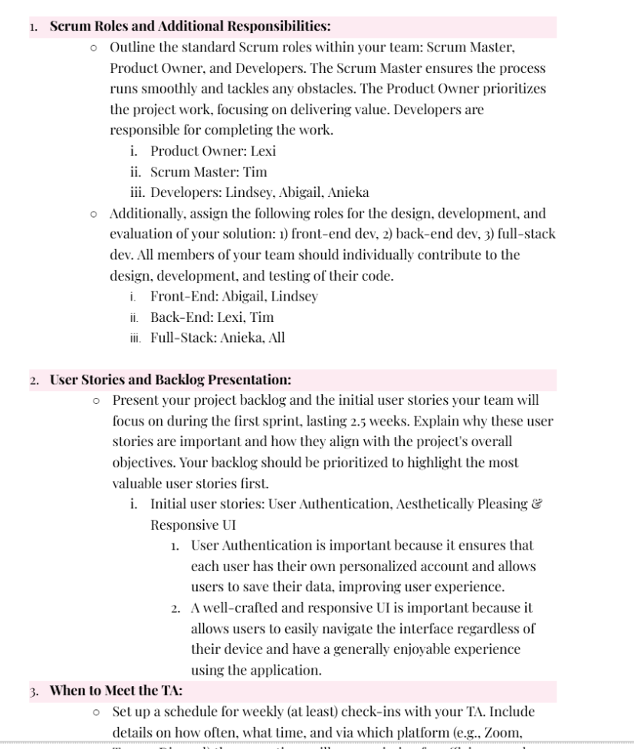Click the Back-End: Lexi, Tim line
tap(212, 317)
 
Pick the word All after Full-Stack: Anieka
tap(274, 337)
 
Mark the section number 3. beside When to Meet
tap(35, 690)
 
